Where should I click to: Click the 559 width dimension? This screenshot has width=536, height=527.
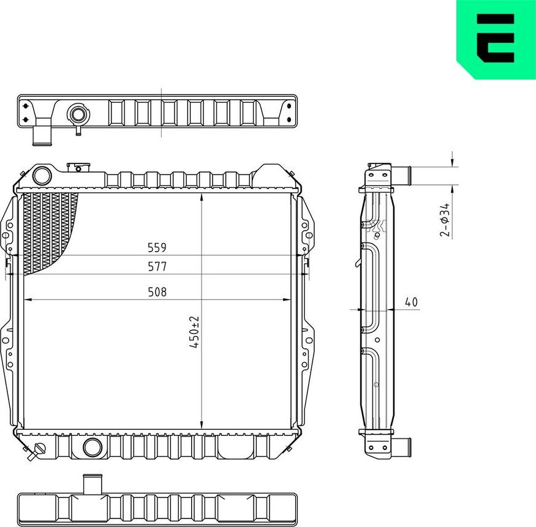pos(157,248)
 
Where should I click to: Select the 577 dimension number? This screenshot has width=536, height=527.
pos(157,266)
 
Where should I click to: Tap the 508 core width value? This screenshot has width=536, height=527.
pos(157,292)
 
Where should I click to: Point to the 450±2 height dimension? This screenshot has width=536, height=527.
pos(195,332)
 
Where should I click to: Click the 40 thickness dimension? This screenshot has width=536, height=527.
pos(411,302)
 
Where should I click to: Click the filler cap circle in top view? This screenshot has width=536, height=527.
pos(77,114)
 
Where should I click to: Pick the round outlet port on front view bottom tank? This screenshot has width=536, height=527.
pos(92,447)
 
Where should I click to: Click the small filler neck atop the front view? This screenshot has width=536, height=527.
pos(78,166)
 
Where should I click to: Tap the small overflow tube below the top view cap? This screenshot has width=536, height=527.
pos(78,130)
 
